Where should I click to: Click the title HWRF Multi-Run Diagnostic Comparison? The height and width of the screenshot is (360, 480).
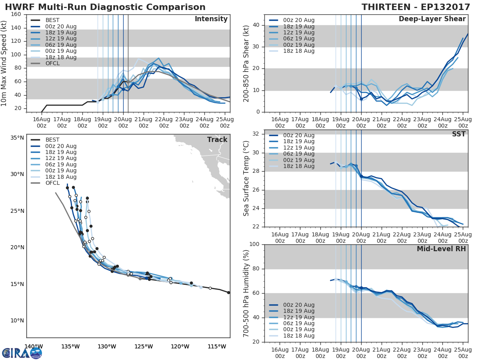tap(105, 7)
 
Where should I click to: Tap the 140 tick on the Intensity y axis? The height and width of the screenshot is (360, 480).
tap(16, 28)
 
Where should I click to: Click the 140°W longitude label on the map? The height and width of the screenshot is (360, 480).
tap(34, 346)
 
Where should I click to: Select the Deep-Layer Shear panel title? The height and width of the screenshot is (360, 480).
tap(432, 19)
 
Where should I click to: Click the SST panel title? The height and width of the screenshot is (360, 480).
tap(459, 134)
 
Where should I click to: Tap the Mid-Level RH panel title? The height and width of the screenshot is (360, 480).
tap(441, 249)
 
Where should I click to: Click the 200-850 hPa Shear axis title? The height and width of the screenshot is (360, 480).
tap(247, 63)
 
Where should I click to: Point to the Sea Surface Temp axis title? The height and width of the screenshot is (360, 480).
tap(247, 178)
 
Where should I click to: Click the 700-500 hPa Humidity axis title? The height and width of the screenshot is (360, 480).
tap(247, 293)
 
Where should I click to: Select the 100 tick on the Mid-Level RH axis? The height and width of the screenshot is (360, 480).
tap(254, 244)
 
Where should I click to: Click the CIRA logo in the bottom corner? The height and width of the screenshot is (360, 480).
tap(22, 353)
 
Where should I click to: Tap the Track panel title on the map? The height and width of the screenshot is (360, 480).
tap(217, 140)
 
